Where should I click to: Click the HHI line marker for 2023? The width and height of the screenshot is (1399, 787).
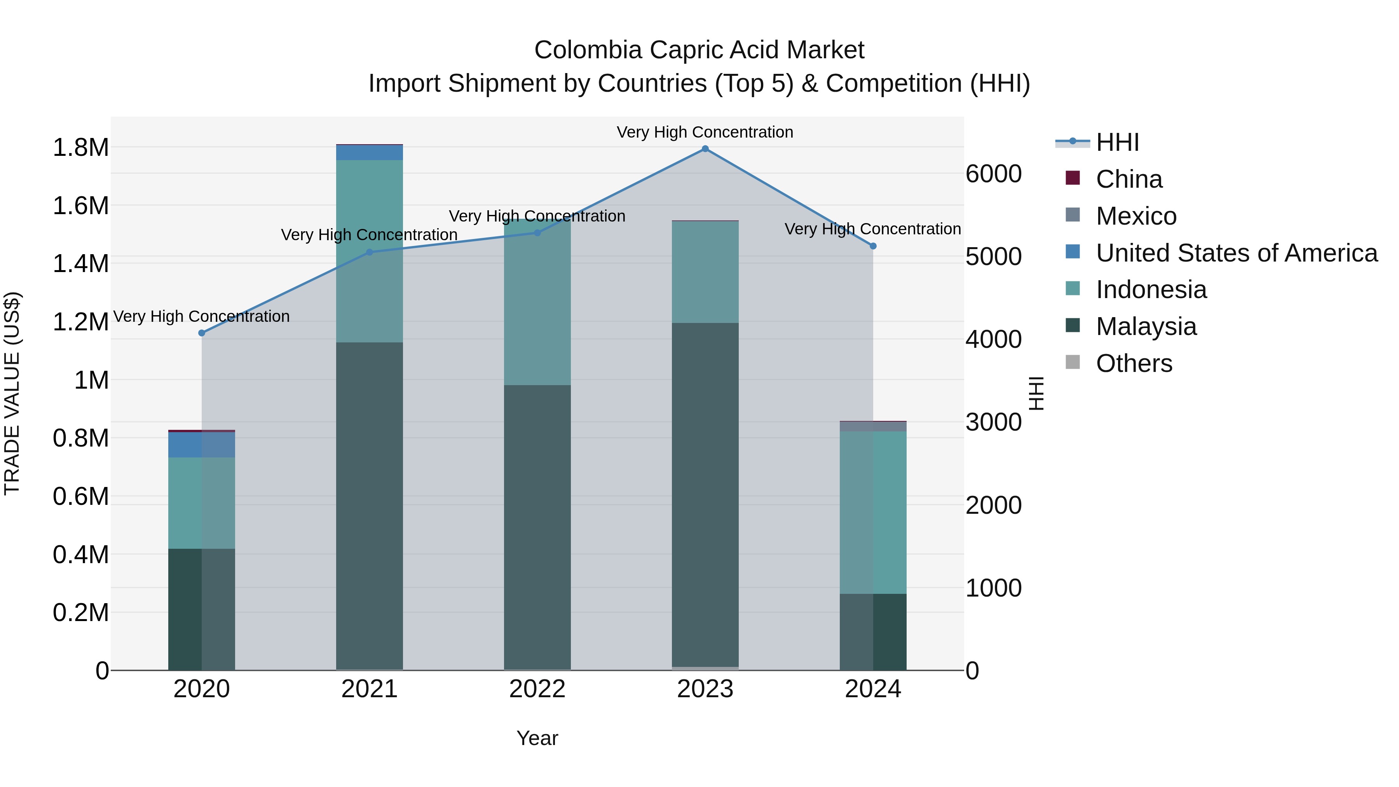(x=705, y=149)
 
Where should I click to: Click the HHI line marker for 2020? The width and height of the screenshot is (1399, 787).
(x=201, y=333)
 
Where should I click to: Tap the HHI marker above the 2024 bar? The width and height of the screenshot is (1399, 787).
(x=873, y=246)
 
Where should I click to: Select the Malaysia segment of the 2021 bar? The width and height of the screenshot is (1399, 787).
(x=369, y=505)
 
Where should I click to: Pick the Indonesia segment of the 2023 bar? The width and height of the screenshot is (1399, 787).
(x=705, y=272)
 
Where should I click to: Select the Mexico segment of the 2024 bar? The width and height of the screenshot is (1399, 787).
(x=873, y=426)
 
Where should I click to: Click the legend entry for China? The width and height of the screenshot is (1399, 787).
(x=1129, y=179)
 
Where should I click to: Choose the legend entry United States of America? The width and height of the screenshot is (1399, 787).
(x=1236, y=253)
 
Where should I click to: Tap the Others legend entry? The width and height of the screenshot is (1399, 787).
(x=1134, y=363)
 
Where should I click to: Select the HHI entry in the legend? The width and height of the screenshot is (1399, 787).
(x=1117, y=142)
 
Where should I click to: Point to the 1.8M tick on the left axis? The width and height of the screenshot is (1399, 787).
(x=80, y=148)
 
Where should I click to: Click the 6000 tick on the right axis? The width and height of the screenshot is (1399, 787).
(x=993, y=175)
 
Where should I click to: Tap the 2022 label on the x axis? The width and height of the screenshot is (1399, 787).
(x=537, y=689)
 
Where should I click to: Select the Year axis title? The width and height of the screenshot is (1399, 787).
(x=537, y=738)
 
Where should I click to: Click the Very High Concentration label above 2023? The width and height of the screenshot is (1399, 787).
(x=705, y=132)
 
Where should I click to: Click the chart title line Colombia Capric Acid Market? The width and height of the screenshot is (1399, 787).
(x=699, y=50)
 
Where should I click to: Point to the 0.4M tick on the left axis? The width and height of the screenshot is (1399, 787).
(x=80, y=555)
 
